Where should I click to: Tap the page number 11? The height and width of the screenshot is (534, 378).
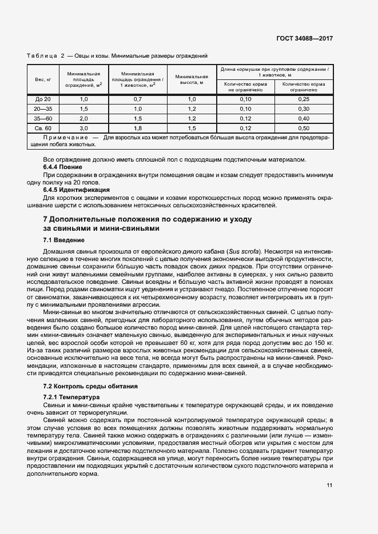click(329, 485)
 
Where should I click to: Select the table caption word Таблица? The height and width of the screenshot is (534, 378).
click(42, 56)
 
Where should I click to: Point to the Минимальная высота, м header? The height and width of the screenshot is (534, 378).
click(192, 79)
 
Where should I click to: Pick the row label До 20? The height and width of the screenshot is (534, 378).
click(43, 99)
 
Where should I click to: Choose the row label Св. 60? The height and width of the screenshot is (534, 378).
click(43, 129)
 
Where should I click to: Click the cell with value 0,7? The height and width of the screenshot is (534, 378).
click(137, 99)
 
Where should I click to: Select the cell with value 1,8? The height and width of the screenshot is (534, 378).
click(137, 129)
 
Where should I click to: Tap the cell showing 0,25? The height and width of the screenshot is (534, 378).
click(304, 99)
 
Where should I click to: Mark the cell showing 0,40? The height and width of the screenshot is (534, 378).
click(304, 119)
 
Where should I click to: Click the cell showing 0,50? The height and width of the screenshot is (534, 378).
click(304, 129)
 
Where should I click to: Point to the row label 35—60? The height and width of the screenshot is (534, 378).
click(43, 119)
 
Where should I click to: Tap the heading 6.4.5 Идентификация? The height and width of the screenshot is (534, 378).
click(77, 189)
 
